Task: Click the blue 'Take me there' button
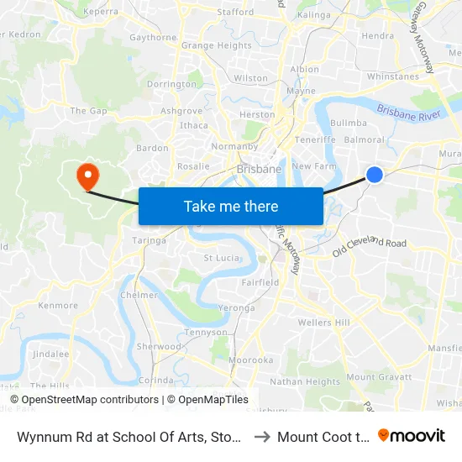[231, 206]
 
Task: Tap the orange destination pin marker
[87, 176]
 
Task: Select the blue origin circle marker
[375, 175]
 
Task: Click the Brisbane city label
[259, 169]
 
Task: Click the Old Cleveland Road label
[370, 247]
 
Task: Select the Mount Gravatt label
[378, 377]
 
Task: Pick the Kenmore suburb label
[58, 305]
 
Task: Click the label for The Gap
[89, 111]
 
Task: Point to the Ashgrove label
[181, 111]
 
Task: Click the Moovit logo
[413, 435]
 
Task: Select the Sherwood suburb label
[159, 347]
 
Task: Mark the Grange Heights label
[216, 46]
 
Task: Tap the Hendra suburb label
[377, 36]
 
